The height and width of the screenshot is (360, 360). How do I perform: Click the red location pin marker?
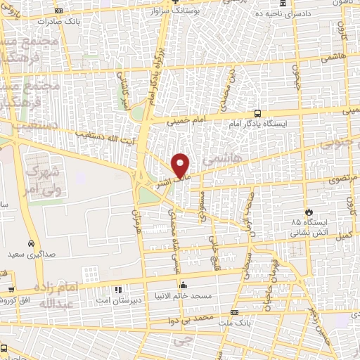[x=181, y=165]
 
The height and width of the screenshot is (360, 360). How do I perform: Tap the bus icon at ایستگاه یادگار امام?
[x=257, y=112]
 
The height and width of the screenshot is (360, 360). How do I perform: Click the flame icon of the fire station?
[x=308, y=212]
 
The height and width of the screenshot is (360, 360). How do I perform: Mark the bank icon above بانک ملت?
[x=234, y=312]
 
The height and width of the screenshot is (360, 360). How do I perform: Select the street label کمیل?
[x=342, y=235]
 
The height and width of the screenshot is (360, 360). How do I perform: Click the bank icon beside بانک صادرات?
[x=58, y=11]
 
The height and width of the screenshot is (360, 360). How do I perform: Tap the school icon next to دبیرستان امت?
[x=118, y=289]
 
